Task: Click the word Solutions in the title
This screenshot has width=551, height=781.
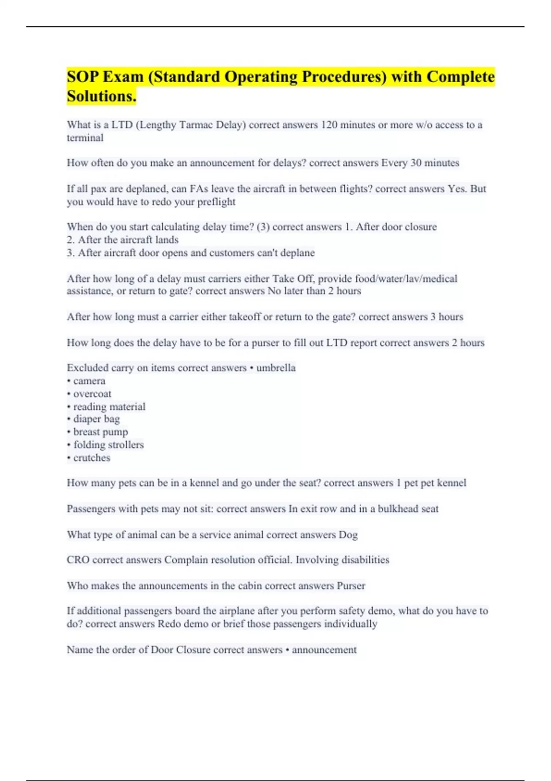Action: [101, 96]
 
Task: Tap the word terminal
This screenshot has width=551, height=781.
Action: [85, 138]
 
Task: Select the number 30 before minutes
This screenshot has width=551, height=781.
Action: [416, 163]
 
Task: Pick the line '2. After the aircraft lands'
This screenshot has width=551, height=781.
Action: [123, 239]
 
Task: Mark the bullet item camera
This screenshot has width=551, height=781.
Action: [89, 381]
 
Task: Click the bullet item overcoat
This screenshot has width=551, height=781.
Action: [92, 394]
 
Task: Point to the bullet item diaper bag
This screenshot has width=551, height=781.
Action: [96, 419]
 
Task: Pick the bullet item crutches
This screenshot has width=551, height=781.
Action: [92, 458]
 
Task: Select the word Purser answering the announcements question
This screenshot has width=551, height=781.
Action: [351, 586]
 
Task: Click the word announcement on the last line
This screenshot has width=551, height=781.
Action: [324, 650]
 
